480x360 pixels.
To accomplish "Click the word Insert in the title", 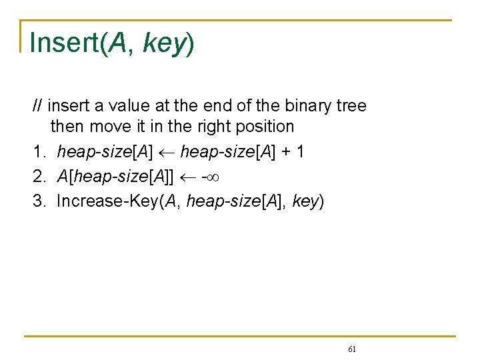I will click(64, 43).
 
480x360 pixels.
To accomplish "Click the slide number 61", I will click(353, 349).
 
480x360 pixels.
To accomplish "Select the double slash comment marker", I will click(39, 106).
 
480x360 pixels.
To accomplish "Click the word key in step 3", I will click(305, 201).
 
